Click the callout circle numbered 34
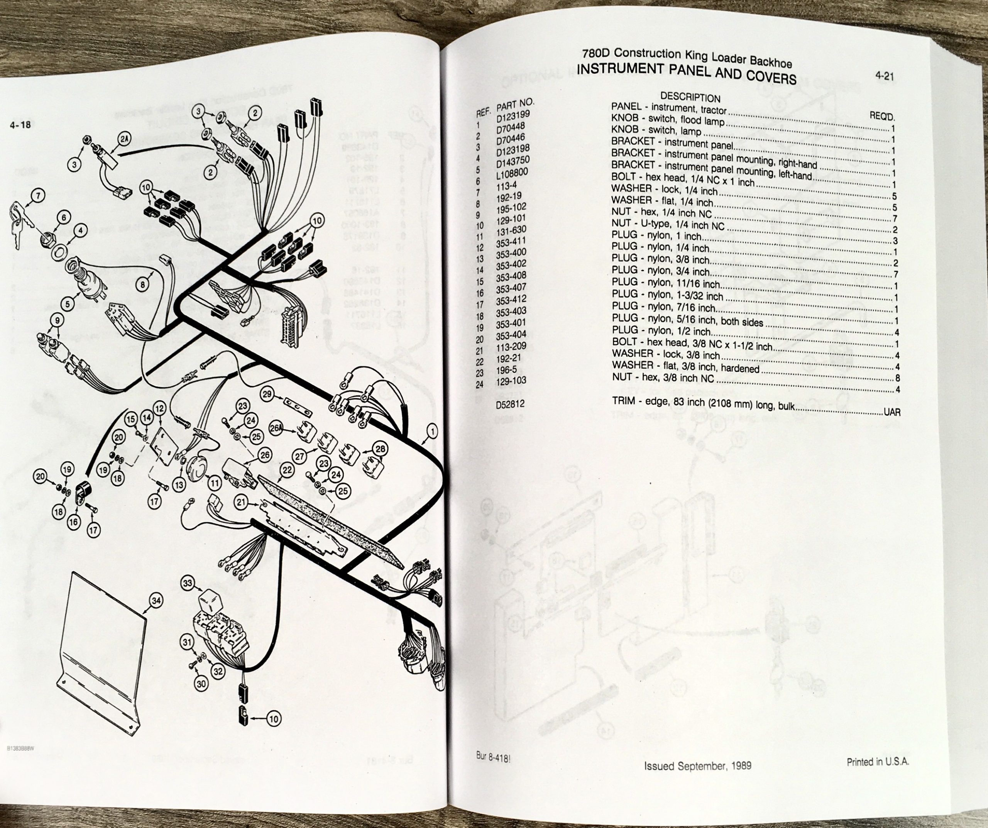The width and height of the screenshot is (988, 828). coord(156,600)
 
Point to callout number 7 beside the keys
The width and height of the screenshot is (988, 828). coord(38,195)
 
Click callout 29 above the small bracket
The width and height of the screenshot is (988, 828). coord(267,394)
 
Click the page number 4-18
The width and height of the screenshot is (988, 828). coord(20,125)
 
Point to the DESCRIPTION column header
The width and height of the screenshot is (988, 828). coord(690,97)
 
